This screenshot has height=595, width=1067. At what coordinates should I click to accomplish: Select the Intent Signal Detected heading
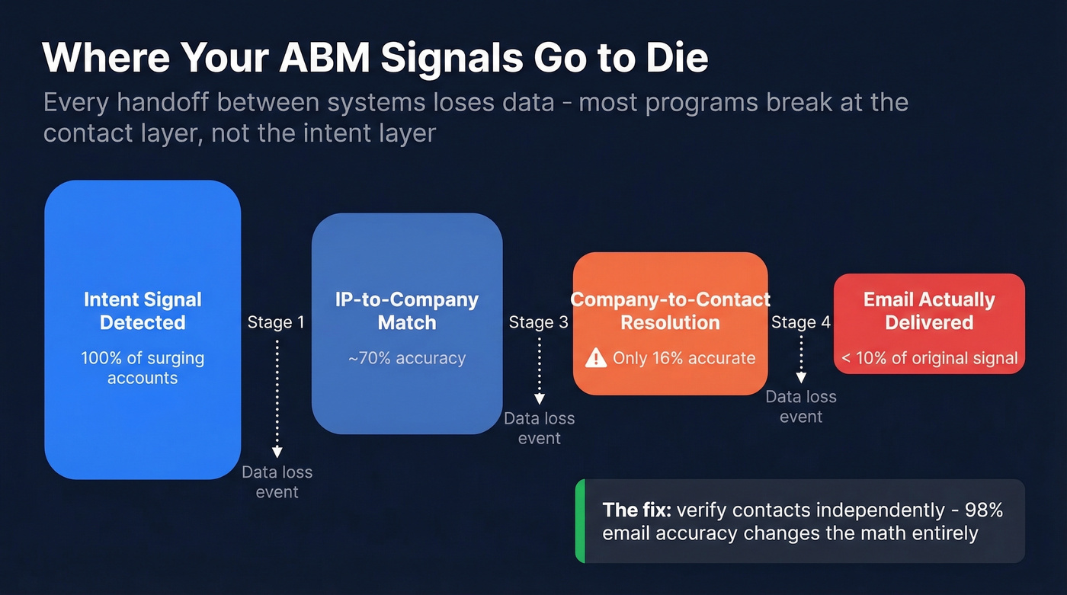click(143, 311)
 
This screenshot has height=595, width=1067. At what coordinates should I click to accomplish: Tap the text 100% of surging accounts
click(143, 368)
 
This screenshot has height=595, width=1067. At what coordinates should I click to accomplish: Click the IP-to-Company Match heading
click(407, 311)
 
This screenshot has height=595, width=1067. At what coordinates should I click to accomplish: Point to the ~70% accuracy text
click(407, 358)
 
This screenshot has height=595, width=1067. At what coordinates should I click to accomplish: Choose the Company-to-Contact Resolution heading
click(670, 311)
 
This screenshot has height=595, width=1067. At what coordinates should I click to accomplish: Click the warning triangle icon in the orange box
click(595, 358)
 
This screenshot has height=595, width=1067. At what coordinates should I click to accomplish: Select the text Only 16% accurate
click(684, 358)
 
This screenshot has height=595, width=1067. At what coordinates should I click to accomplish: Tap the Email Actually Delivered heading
click(929, 311)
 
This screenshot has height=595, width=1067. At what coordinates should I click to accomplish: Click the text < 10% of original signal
click(929, 358)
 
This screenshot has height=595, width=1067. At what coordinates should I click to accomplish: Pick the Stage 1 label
click(276, 322)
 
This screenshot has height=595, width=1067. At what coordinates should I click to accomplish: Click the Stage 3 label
click(538, 322)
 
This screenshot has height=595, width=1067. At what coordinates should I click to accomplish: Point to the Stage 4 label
click(800, 322)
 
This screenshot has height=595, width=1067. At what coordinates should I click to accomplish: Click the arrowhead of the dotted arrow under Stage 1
click(277, 453)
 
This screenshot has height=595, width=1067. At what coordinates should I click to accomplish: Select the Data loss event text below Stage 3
click(539, 428)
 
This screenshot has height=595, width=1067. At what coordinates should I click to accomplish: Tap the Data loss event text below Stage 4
click(800, 407)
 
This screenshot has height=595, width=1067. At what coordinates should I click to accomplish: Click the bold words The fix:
click(636, 510)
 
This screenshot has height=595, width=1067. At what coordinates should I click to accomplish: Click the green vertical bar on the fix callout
click(579, 521)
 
